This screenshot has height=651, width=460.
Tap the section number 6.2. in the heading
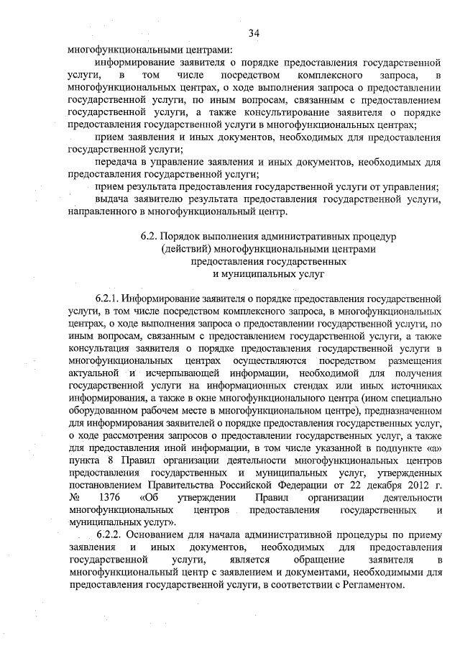click(150, 235)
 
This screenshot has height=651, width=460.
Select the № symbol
click(73, 497)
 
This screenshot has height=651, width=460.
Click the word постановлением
click(101, 484)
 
